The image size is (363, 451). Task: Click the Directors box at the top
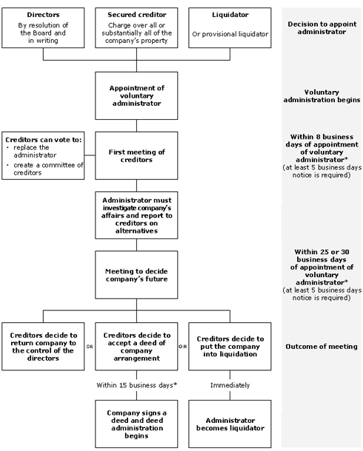click(x=43, y=27)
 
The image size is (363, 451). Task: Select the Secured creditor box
click(x=136, y=27)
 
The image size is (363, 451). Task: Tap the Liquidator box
click(x=230, y=27)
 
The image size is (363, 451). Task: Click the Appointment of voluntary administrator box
click(x=136, y=96)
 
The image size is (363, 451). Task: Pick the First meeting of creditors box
click(x=136, y=156)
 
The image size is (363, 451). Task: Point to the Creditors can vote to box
click(x=43, y=156)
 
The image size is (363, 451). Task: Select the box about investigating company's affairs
click(x=136, y=216)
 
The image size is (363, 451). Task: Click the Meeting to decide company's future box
click(x=136, y=275)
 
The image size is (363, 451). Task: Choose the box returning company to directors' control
click(x=43, y=347)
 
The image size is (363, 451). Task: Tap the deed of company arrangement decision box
click(x=136, y=347)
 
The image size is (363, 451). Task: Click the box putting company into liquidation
click(x=230, y=347)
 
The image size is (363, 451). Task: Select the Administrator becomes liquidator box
click(x=230, y=424)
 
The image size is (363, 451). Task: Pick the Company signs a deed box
click(x=136, y=424)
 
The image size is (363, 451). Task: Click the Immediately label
click(x=230, y=385)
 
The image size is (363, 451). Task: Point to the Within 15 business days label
click(x=136, y=385)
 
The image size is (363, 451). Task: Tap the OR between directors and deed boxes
click(x=90, y=347)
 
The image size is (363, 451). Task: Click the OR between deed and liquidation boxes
click(x=183, y=347)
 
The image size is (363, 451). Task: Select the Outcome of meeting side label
click(x=322, y=347)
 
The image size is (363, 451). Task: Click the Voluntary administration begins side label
click(x=322, y=96)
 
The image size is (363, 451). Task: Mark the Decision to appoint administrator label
click(x=322, y=28)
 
